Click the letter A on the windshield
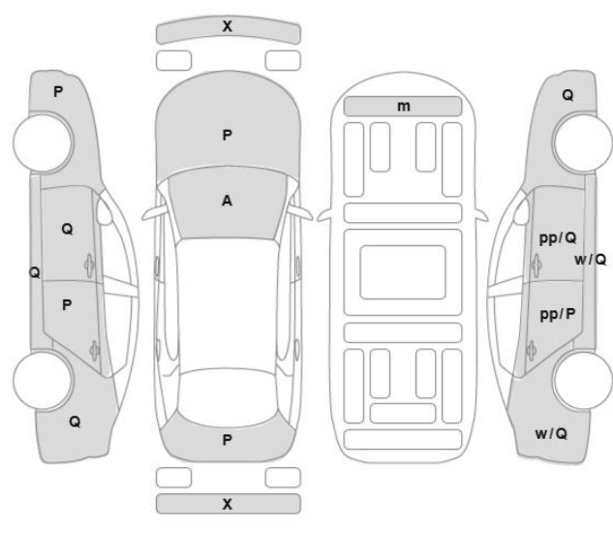pyautogui.click(x=227, y=201)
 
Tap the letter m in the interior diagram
pyautogui.click(x=404, y=106)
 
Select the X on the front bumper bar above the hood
pyautogui.click(x=228, y=26)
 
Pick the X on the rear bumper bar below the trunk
pyautogui.click(x=228, y=504)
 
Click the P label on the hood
pyautogui.click(x=227, y=136)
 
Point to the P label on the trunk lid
pyautogui.click(x=227, y=440)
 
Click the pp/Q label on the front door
pyautogui.click(x=558, y=238)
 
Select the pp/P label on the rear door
pyautogui.click(x=558, y=315)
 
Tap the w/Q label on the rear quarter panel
pyautogui.click(x=551, y=433)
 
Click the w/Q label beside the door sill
pyautogui.click(x=591, y=260)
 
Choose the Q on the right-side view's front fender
pyautogui.click(x=567, y=95)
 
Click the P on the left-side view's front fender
pyautogui.click(x=58, y=92)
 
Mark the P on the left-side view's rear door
pyautogui.click(x=67, y=305)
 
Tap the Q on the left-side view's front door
pyautogui.click(x=67, y=229)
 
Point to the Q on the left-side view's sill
pyautogui.click(x=35, y=272)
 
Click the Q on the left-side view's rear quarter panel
pyautogui.click(x=75, y=422)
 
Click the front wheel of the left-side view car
pyautogui.click(x=43, y=143)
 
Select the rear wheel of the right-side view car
pyautogui.click(x=583, y=381)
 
